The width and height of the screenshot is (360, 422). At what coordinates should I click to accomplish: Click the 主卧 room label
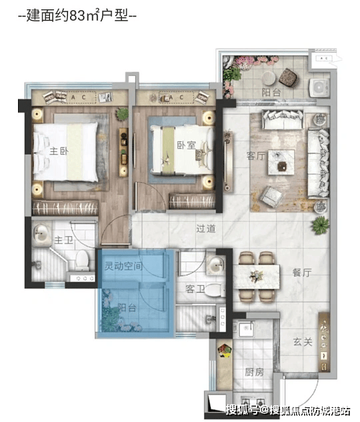pyautogui.click(x=59, y=151)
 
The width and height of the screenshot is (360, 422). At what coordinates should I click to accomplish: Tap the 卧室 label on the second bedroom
pyautogui.click(x=186, y=145)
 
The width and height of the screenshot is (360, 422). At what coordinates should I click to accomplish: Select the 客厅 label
pyautogui.click(x=256, y=155)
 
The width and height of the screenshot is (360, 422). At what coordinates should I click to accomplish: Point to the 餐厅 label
pyautogui.click(x=302, y=273)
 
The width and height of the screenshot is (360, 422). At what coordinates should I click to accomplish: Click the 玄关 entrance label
pyautogui.click(x=303, y=342)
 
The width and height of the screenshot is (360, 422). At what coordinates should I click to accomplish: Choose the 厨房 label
pyautogui.click(x=254, y=372)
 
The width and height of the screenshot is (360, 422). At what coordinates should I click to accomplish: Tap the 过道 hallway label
pyautogui.click(x=206, y=229)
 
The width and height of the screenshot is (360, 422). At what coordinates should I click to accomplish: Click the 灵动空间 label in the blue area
pyautogui.click(x=123, y=266)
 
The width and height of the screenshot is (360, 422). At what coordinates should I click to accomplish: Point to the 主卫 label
pyautogui.click(x=63, y=240)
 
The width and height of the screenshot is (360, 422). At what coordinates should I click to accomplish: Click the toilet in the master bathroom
pyautogui.click(x=82, y=260)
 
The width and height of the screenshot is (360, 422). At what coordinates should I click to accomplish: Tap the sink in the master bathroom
pyautogui.click(x=42, y=233)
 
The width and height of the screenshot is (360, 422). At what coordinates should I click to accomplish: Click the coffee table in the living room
pyautogui.click(x=281, y=162)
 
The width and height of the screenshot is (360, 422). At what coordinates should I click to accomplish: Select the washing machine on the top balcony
pyautogui.click(x=319, y=87)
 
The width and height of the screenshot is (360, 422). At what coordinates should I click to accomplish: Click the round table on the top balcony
pyautogui.click(x=269, y=79)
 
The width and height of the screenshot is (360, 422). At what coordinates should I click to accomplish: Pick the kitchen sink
pyautogui.click(x=246, y=329)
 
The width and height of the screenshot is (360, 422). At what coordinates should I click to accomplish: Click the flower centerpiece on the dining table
pyautogui.click(x=256, y=276)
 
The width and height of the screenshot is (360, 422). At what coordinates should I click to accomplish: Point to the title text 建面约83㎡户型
pyautogui.click(x=77, y=15)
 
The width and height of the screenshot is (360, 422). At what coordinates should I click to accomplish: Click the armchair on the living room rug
pyautogui.click(x=271, y=197)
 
